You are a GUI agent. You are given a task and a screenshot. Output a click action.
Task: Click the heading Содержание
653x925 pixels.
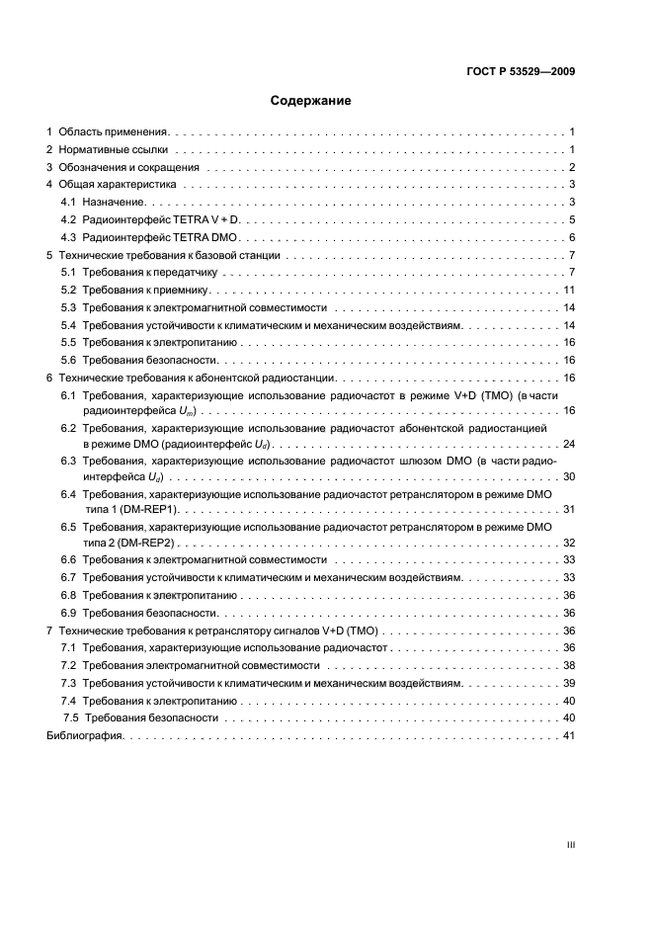pos(310,101)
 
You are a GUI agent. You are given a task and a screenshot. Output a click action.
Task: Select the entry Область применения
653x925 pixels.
pos(114,131)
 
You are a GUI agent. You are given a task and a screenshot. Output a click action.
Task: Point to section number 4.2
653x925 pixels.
pos(69,219)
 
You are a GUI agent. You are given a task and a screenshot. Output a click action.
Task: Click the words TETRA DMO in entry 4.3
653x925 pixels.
pos(213,238)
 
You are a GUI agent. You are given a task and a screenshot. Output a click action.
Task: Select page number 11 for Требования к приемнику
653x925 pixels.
pos(569,291)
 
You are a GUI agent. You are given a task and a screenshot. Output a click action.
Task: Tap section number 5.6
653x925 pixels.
pos(69,361)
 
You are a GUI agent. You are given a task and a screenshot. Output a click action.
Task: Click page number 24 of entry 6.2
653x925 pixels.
pos(569,443)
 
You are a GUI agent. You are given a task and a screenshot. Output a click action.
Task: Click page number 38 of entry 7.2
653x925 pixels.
pos(569,665)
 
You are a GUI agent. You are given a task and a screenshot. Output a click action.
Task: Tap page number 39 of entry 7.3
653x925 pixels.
pos(569,683)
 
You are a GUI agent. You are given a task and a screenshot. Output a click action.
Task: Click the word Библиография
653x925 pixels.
pos(84,736)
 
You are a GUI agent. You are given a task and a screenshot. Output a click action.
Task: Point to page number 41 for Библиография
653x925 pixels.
pos(569,736)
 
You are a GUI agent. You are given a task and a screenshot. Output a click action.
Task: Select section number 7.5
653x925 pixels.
pos(71,718)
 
